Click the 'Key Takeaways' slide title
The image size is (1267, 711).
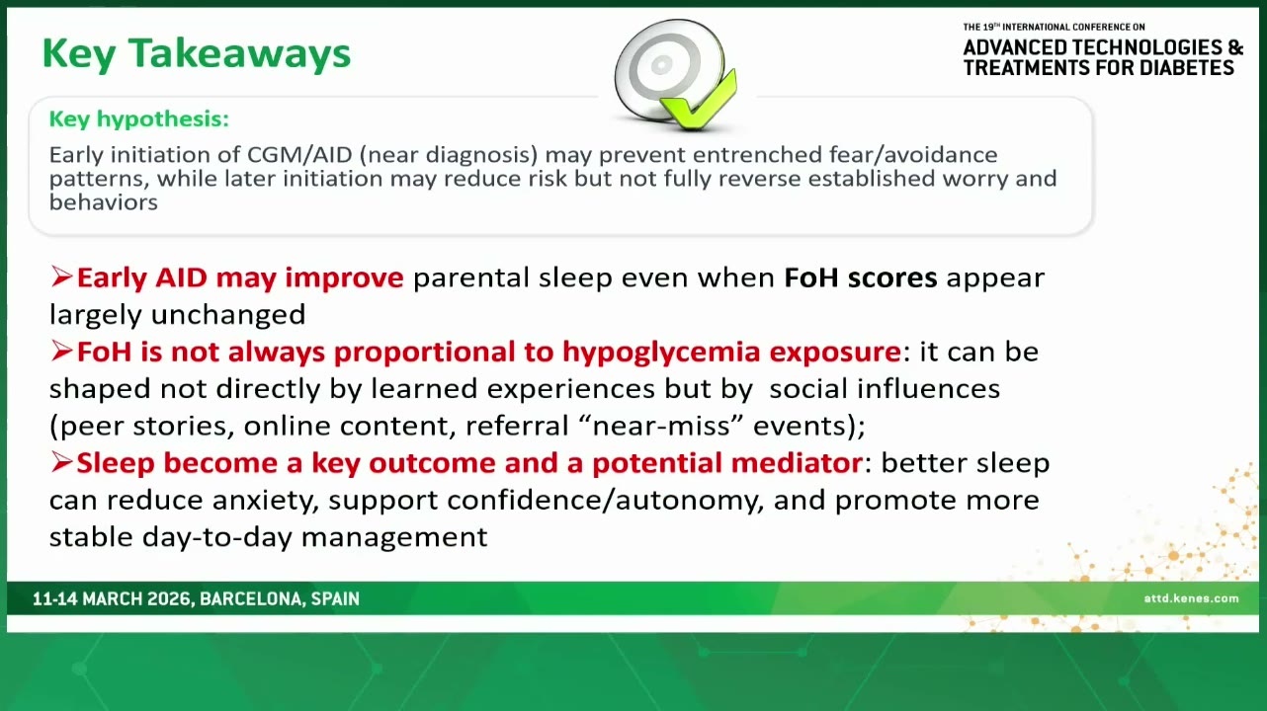197,54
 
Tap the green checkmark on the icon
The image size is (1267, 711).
699,102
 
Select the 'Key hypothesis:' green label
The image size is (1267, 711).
139,119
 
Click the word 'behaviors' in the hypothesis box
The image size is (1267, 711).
104,202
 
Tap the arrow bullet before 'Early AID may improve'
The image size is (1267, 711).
61,276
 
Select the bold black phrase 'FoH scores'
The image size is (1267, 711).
861,277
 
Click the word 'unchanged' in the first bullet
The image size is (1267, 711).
228,314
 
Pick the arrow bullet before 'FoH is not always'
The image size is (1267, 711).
61,351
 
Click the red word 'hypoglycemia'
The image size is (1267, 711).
661,353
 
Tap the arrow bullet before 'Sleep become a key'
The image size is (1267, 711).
61,462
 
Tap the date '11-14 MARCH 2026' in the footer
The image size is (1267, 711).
112,599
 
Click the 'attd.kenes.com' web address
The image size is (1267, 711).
1191,598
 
